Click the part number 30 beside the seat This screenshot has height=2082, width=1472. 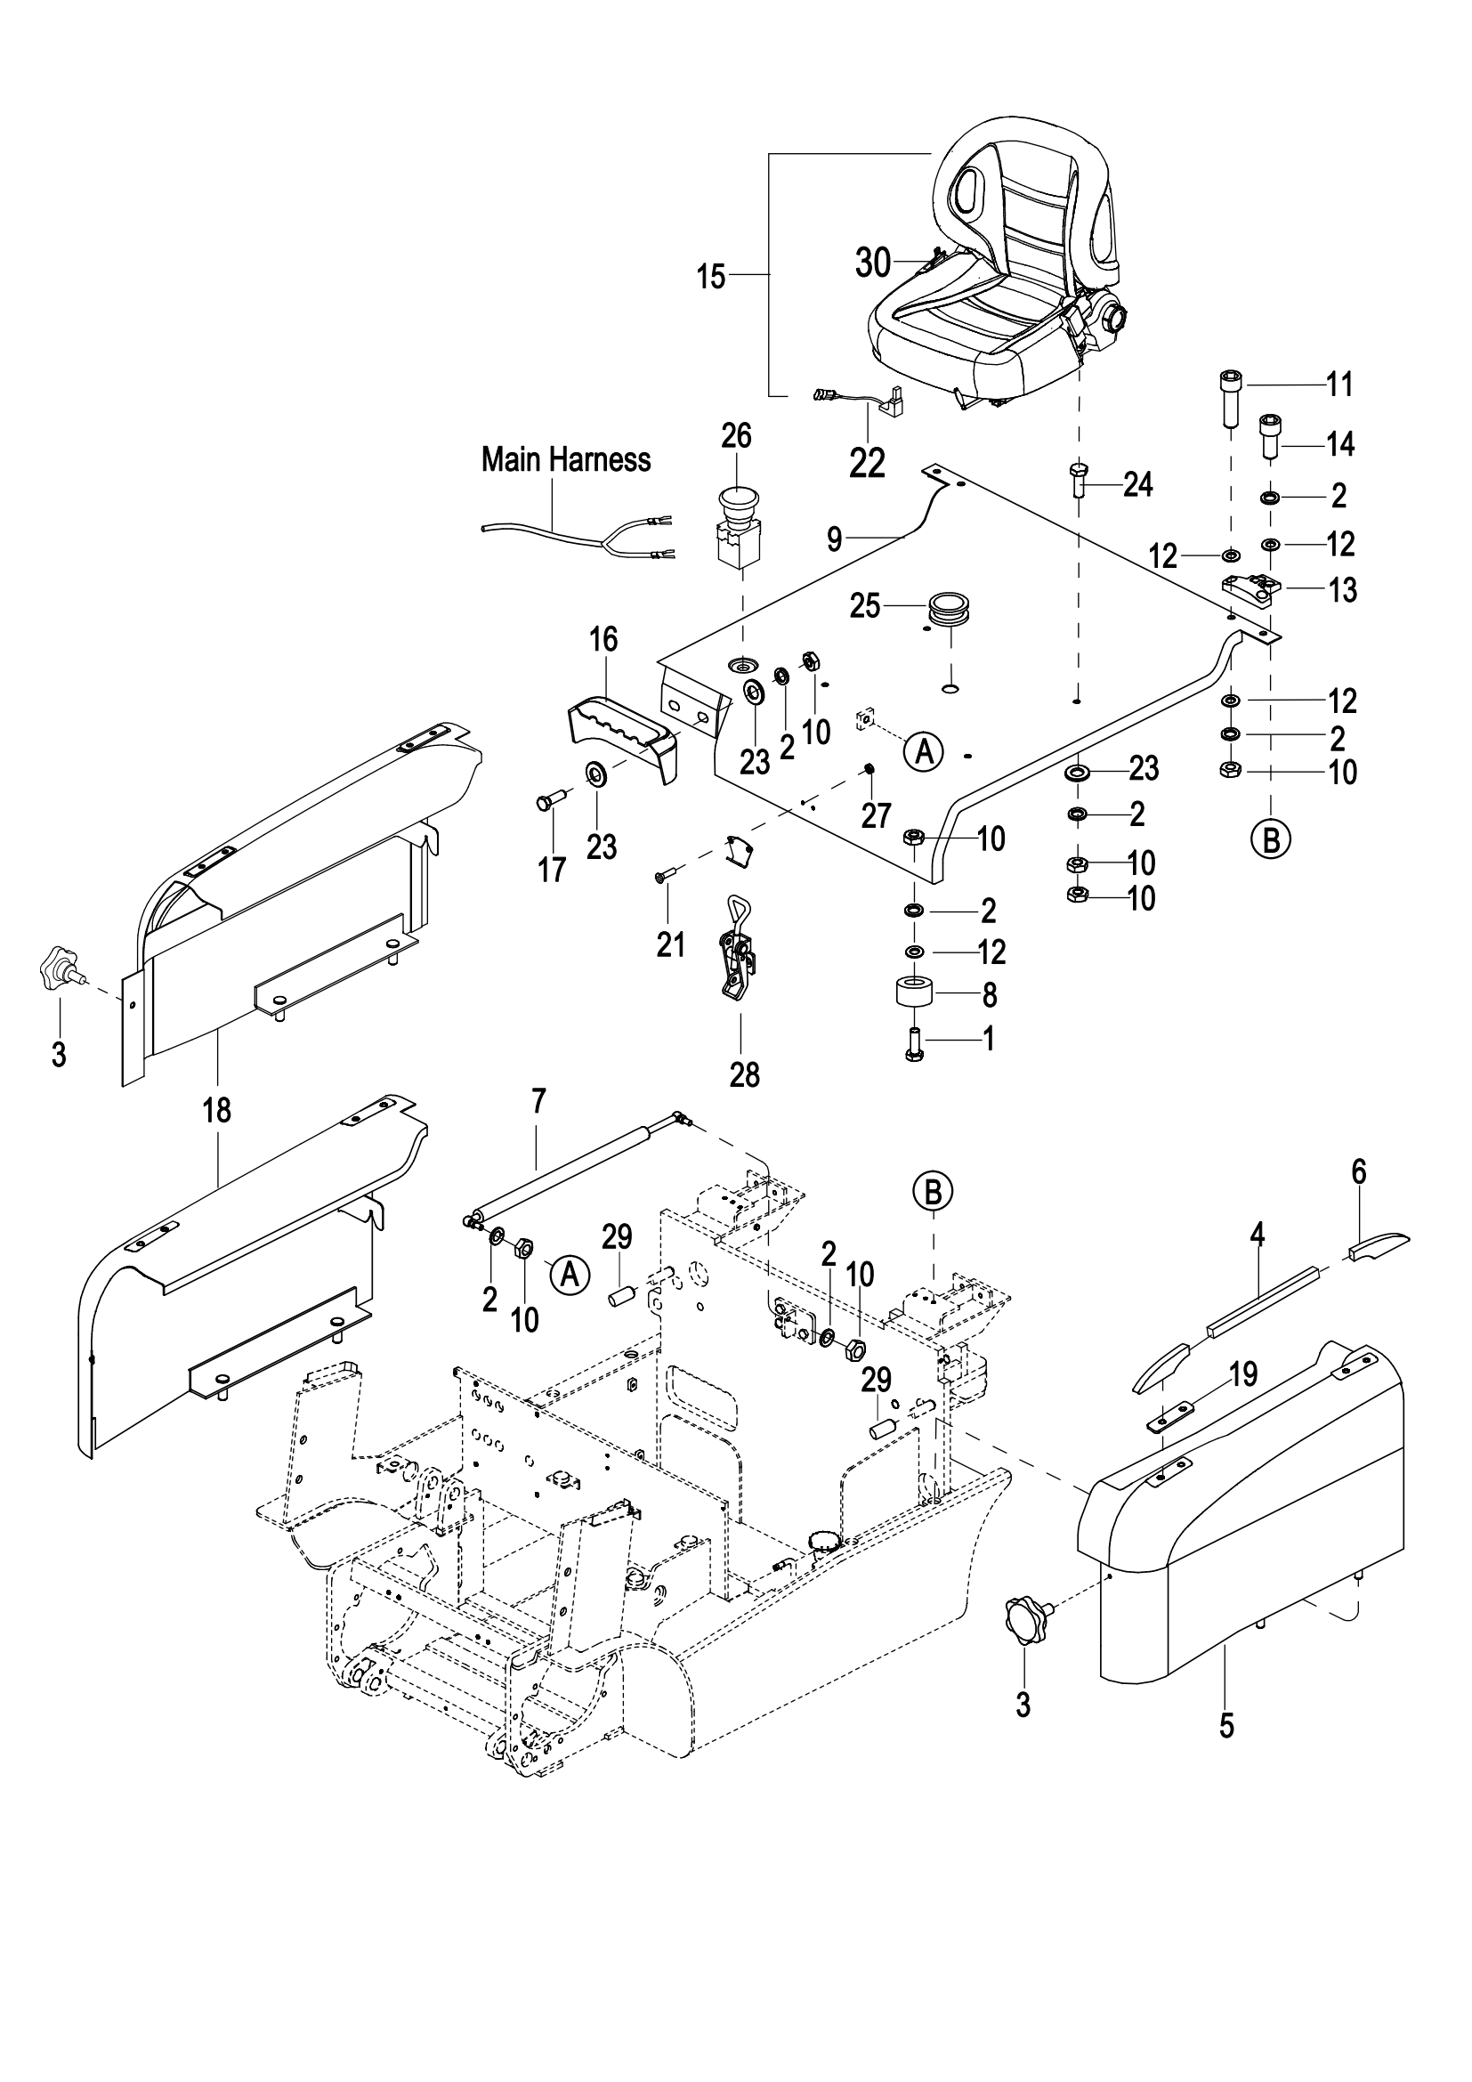pyautogui.click(x=874, y=263)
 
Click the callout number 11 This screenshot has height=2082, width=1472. pyautogui.click(x=1339, y=385)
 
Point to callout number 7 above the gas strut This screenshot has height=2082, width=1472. pyautogui.click(x=538, y=1102)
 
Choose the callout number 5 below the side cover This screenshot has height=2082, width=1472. pyautogui.click(x=1225, y=1727)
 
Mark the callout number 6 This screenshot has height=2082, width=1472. pyautogui.click(x=1358, y=1172)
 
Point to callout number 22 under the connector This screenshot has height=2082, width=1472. pyautogui.click(x=867, y=464)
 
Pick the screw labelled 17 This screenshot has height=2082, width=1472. pyautogui.click(x=549, y=801)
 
